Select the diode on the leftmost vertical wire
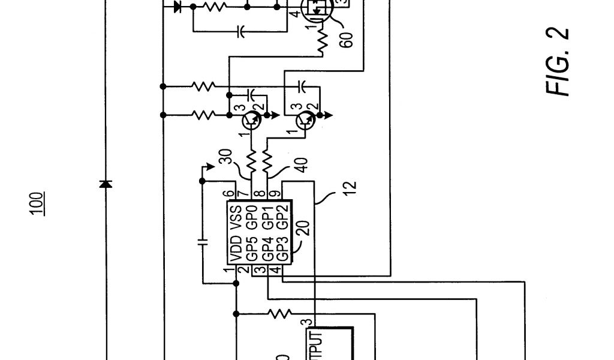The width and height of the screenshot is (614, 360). [106, 184]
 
